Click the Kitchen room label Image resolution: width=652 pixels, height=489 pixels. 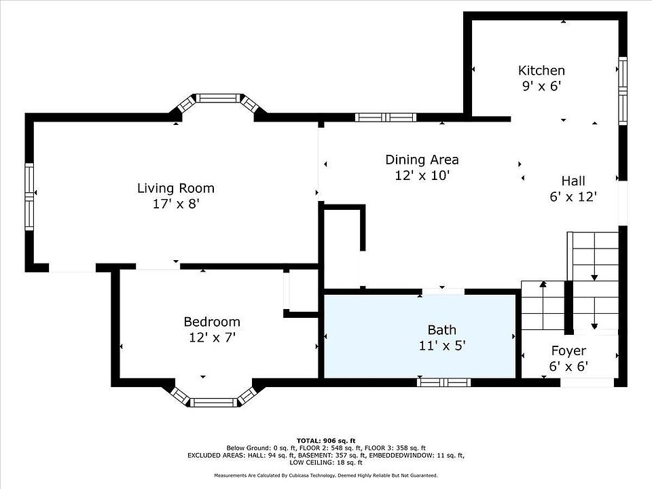(541, 70)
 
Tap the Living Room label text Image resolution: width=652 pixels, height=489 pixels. (176, 188)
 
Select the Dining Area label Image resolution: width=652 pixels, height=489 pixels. (422, 160)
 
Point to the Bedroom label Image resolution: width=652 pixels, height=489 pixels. (212, 322)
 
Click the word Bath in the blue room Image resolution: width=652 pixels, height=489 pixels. (442, 330)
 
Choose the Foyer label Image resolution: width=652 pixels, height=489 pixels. (569, 351)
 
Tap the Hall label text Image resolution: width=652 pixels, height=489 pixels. (573, 181)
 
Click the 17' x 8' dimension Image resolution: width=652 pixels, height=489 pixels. (177, 204)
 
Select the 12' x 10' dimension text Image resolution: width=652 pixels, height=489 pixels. (422, 175)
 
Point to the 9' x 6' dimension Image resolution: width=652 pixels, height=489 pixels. (542, 86)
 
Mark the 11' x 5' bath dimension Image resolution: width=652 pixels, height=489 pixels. (442, 346)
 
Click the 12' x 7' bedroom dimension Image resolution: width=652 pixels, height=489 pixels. (213, 338)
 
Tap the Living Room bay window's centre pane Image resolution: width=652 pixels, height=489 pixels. (218, 98)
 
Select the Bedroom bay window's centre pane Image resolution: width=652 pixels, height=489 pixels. (214, 403)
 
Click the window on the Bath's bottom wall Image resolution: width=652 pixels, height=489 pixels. (444, 382)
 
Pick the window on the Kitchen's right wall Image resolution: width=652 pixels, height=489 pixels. (623, 90)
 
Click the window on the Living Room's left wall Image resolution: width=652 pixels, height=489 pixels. (29, 197)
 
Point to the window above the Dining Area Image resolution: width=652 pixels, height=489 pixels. (386, 117)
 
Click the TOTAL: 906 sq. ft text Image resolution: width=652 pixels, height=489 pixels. (326, 441)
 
